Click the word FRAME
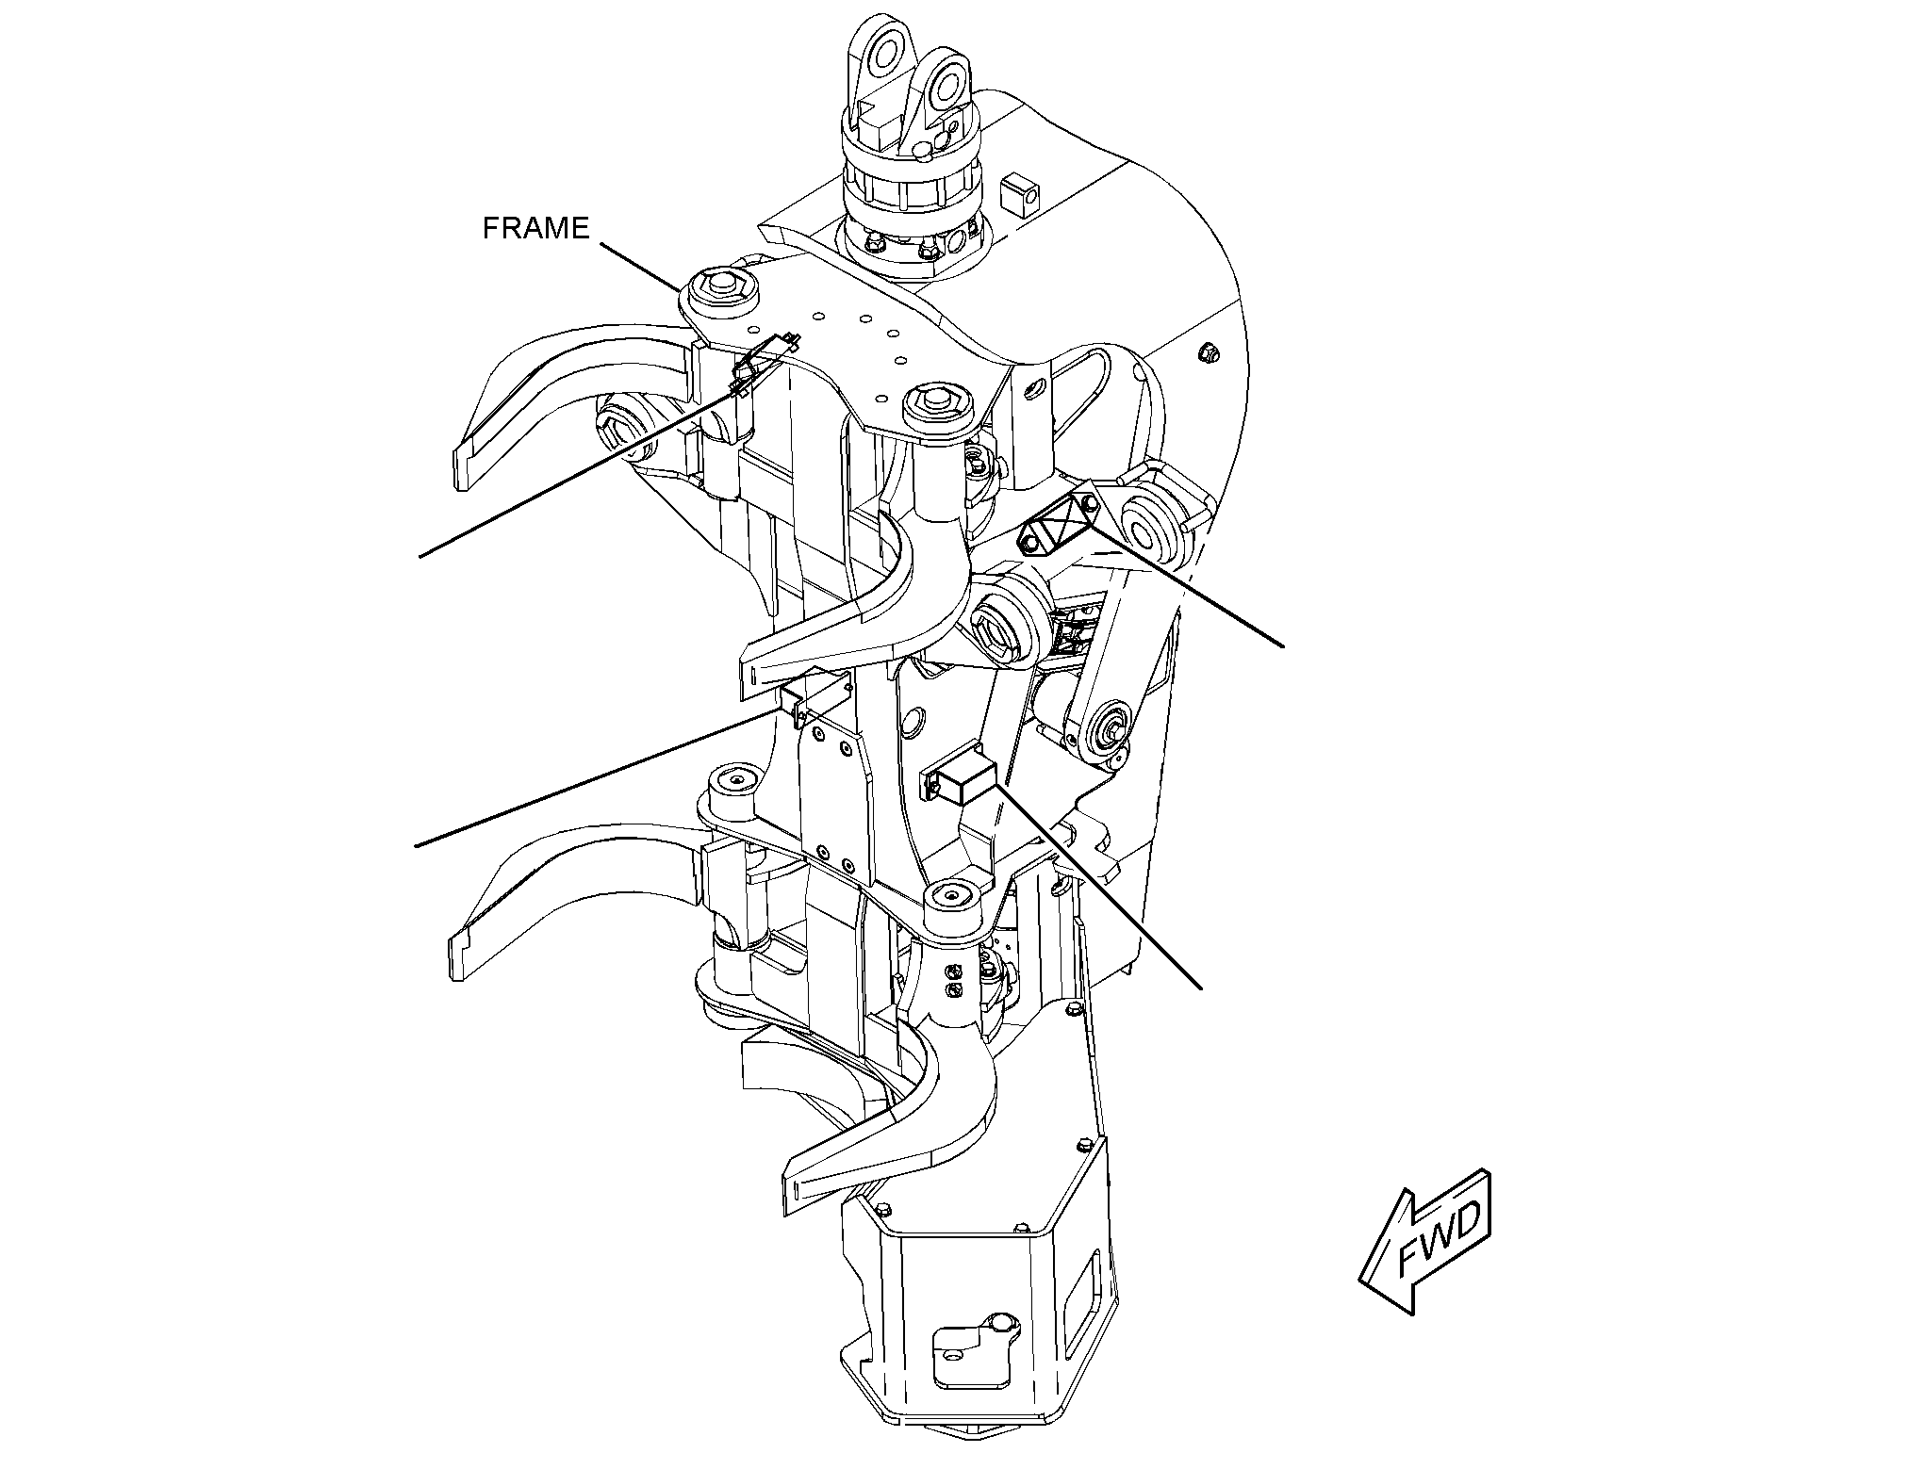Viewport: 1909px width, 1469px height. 535,228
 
